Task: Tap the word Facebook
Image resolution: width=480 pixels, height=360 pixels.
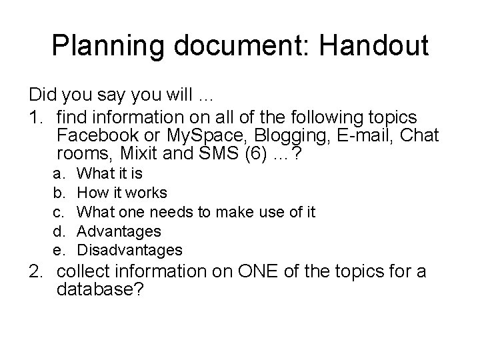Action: (x=100, y=136)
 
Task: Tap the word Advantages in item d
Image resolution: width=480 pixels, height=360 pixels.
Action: (x=119, y=231)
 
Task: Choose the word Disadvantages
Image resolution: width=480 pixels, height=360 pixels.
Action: (x=129, y=250)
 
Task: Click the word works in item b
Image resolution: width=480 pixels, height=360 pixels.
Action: (x=147, y=193)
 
